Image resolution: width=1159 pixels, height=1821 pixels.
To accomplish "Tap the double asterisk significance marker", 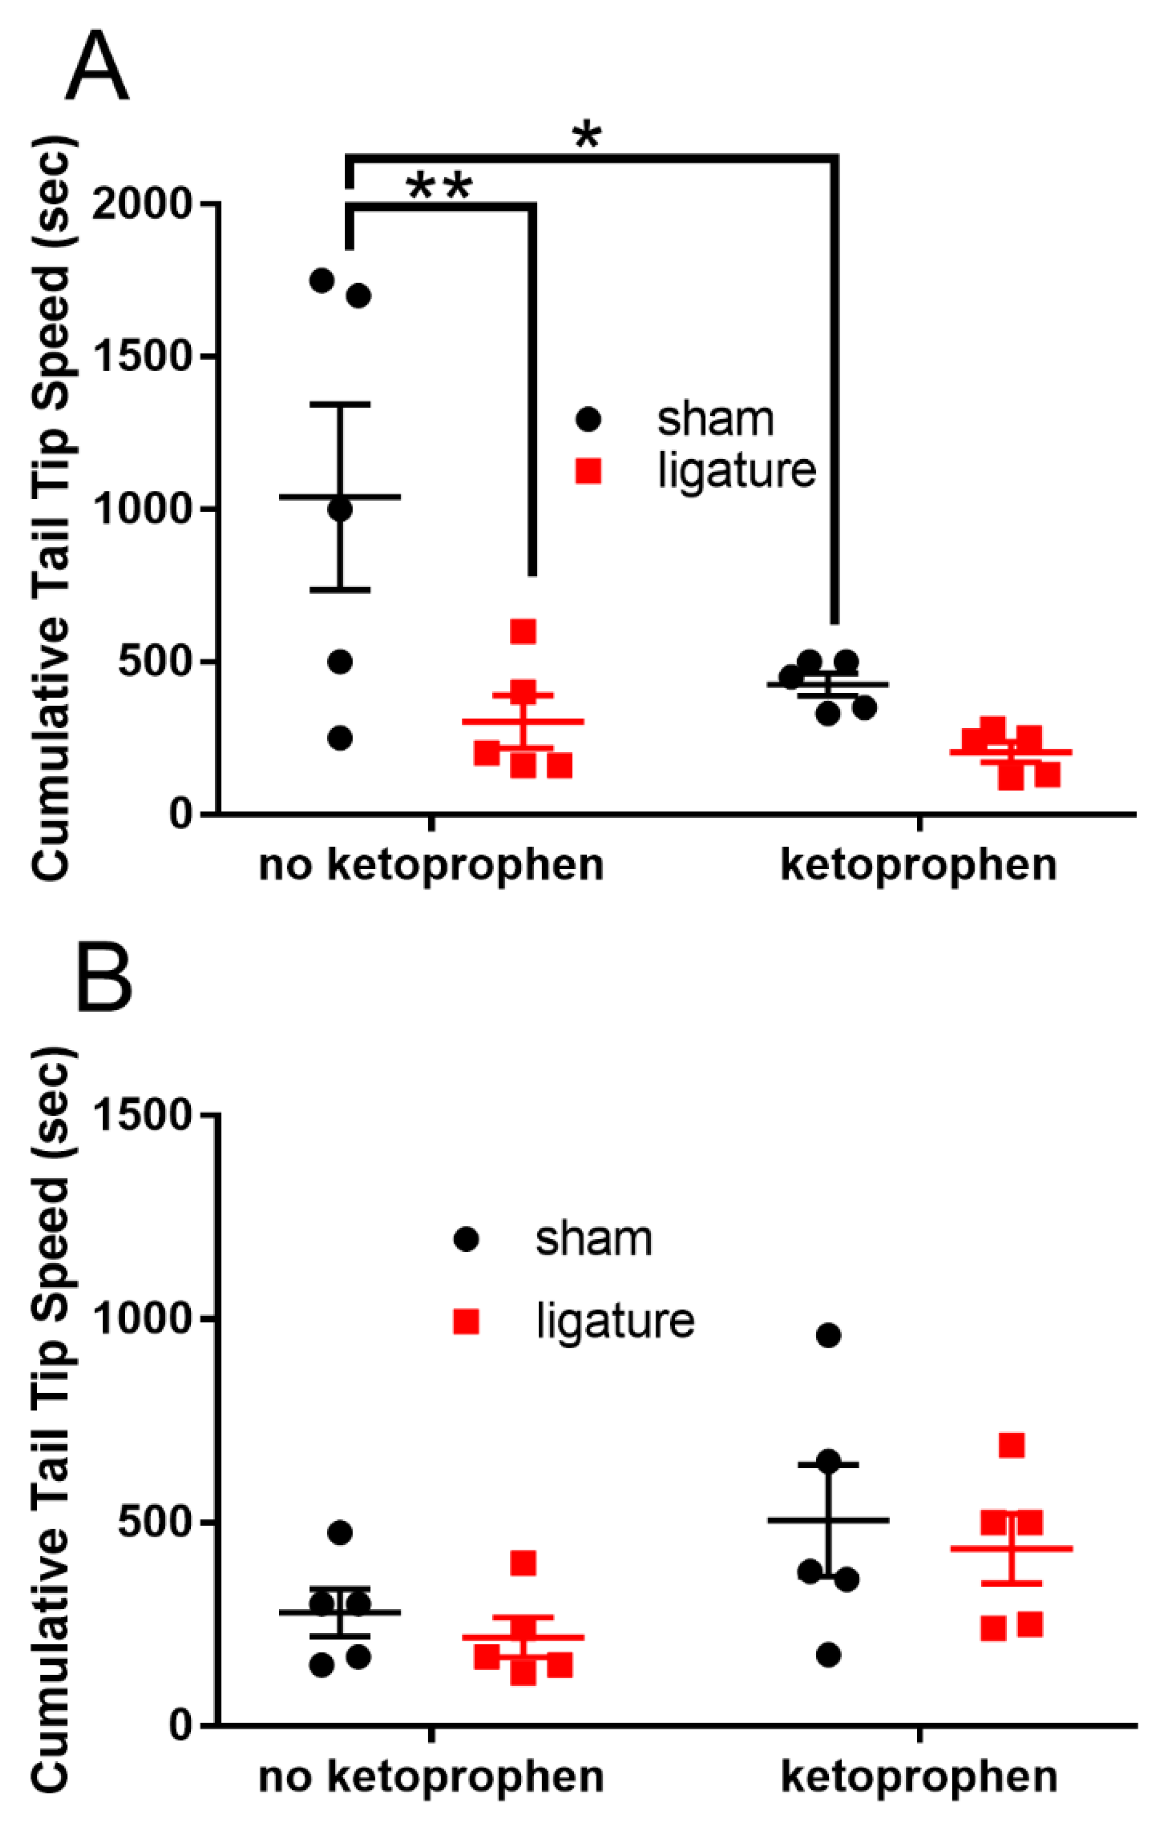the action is tap(439, 186).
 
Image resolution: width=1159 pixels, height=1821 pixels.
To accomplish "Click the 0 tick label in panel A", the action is tap(180, 814).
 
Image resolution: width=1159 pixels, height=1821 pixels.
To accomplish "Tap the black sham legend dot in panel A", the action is tap(588, 420).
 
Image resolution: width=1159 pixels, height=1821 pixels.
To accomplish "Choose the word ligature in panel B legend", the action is tap(615, 1321).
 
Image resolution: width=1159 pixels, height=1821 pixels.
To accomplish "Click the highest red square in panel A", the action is tap(523, 631).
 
